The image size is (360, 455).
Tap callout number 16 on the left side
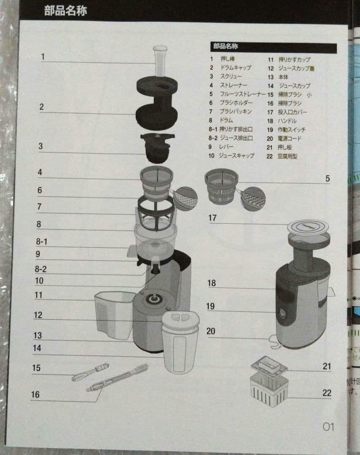[35, 394]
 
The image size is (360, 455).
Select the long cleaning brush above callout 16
[117, 377]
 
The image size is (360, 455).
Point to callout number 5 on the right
[328, 179]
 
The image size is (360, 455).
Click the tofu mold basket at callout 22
[269, 389]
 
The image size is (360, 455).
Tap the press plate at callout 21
[269, 365]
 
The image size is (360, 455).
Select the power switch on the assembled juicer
[281, 313]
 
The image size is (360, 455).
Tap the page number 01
[328, 426]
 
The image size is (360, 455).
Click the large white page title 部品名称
[66, 11]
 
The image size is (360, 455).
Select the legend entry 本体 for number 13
[283, 77]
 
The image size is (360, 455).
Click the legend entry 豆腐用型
[287, 156]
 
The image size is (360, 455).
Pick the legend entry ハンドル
[287, 121]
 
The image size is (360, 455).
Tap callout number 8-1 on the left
[41, 241]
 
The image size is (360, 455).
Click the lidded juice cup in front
[180, 343]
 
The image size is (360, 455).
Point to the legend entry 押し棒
[228, 59]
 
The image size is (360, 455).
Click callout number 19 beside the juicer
[210, 306]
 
